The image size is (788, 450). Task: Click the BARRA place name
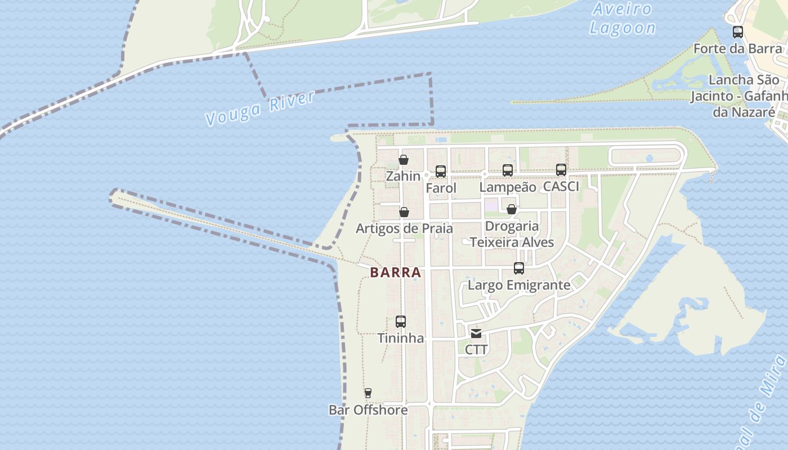click(396, 273)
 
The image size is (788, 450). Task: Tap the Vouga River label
click(260, 108)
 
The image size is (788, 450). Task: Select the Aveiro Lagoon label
click(623, 19)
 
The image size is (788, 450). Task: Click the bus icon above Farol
click(441, 171)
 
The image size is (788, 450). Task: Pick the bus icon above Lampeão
click(508, 170)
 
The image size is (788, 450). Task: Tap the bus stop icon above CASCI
click(561, 169)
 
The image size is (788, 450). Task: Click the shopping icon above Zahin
click(404, 160)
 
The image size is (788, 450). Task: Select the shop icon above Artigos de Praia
click(404, 212)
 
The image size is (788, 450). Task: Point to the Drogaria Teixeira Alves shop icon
click(512, 209)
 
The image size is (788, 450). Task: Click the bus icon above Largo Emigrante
click(519, 268)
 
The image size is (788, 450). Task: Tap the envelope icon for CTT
click(476, 333)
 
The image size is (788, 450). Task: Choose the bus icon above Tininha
click(401, 322)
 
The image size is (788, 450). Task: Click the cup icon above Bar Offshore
click(368, 393)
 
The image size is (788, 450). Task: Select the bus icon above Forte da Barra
click(738, 32)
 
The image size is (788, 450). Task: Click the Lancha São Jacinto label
click(743, 96)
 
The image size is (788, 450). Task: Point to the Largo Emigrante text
click(519, 285)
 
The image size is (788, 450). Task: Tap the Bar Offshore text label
click(368, 410)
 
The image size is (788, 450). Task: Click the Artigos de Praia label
click(404, 229)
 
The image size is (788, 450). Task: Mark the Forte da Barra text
click(737, 49)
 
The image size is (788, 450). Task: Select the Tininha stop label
click(401, 339)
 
